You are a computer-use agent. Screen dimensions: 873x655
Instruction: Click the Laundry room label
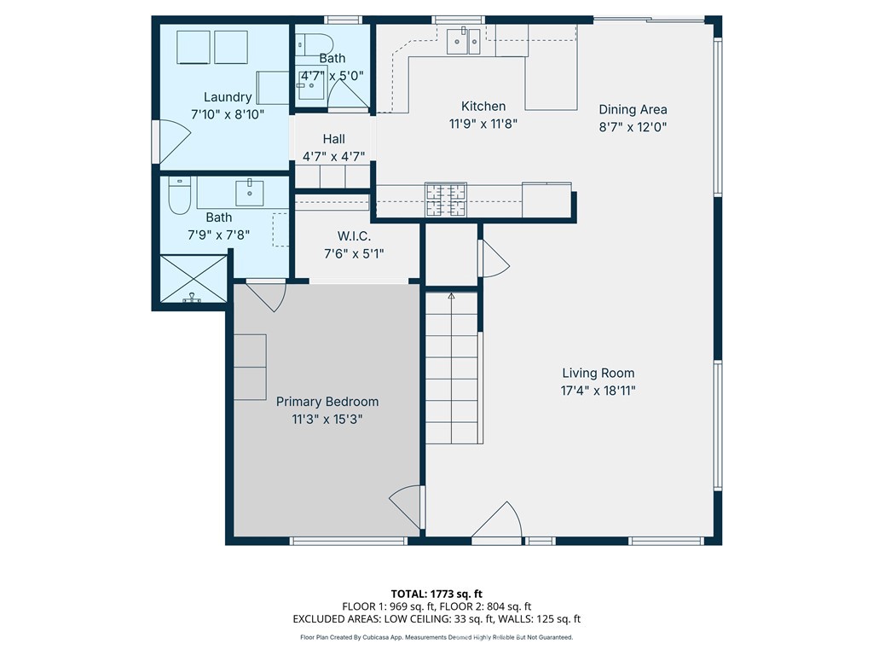pyautogui.click(x=227, y=97)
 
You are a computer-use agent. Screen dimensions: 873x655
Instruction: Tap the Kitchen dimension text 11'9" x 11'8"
pyautogui.click(x=483, y=124)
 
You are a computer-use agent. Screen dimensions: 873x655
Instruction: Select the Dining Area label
pyautogui.click(x=633, y=109)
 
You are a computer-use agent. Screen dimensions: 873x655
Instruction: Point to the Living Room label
pyautogui.click(x=598, y=374)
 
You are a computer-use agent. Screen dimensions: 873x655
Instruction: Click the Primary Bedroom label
pyautogui.click(x=327, y=402)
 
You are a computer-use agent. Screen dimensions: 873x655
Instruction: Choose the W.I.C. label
pyautogui.click(x=354, y=236)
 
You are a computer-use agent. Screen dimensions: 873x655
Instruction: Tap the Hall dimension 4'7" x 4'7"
pyautogui.click(x=333, y=157)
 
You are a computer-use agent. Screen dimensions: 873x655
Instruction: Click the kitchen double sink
pyautogui.click(x=463, y=41)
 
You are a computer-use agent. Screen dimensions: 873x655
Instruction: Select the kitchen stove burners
pyautogui.click(x=445, y=199)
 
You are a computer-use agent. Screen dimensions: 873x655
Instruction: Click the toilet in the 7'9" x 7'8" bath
pyautogui.click(x=179, y=195)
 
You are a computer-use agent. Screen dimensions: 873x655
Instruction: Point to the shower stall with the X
pyautogui.click(x=193, y=279)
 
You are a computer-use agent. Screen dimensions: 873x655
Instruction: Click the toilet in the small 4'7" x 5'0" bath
pyautogui.click(x=314, y=44)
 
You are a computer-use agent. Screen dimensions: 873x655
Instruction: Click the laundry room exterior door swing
pyautogui.click(x=175, y=142)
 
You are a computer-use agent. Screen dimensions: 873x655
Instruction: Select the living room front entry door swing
pyautogui.click(x=497, y=520)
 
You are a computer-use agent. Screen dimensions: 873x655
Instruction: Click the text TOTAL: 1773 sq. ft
pyautogui.click(x=436, y=594)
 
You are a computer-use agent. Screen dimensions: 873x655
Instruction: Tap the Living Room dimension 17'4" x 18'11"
pyautogui.click(x=598, y=391)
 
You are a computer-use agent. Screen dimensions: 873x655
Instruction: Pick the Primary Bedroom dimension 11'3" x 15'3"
pyautogui.click(x=327, y=419)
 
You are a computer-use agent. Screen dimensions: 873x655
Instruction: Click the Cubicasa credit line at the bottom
pyautogui.click(x=436, y=637)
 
